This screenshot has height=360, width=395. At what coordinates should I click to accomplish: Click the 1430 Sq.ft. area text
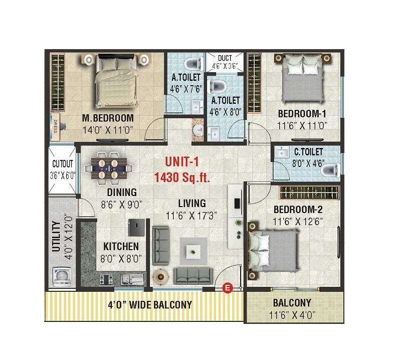182,177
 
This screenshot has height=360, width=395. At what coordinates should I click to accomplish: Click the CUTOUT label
63,164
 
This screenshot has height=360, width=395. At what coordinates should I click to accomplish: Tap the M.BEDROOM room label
108,118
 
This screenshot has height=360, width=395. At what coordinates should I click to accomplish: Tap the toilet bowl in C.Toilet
329,171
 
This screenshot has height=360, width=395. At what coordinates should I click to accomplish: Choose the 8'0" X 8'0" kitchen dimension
121,259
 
